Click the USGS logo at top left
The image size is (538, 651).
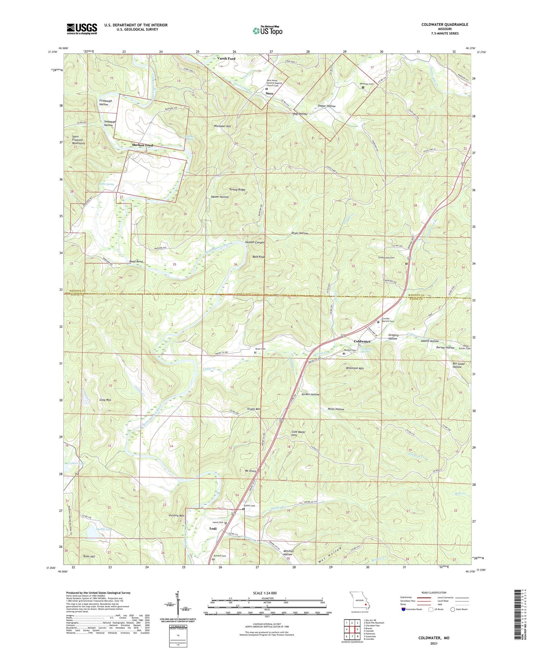(82, 29)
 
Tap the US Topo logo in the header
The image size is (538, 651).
(268, 31)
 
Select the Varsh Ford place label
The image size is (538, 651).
(226, 58)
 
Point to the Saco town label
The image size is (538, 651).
(269, 93)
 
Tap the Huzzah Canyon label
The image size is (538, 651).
(255, 242)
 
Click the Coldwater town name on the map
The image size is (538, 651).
(362, 341)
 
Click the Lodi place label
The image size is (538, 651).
(213, 529)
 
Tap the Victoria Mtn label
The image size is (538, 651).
(176, 515)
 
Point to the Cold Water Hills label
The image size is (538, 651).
(299, 433)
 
